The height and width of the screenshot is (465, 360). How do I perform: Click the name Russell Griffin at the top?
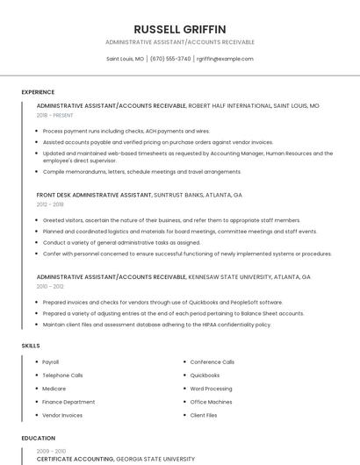point(180,29)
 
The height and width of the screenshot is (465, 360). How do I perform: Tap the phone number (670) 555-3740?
point(170,59)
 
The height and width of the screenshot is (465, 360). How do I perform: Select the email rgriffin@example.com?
point(225,59)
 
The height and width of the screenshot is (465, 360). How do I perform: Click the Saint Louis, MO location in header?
point(126,59)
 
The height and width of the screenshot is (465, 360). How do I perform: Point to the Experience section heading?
point(38,91)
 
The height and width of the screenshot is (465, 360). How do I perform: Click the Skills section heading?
point(31,346)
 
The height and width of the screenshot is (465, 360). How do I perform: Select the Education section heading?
point(38,438)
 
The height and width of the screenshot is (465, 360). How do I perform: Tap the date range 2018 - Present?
point(56,115)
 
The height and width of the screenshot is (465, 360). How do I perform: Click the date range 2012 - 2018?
point(50,204)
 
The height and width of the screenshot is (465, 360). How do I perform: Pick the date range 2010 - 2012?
point(50,286)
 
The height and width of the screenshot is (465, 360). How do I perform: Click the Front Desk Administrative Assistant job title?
point(94,195)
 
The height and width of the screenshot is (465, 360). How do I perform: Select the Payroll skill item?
point(51,361)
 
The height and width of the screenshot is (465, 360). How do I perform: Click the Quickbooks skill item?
point(205,375)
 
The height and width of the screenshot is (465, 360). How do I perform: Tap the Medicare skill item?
point(54,388)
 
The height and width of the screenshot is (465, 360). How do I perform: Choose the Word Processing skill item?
point(211,388)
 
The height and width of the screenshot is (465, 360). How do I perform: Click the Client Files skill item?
point(204,414)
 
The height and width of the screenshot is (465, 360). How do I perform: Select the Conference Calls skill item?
point(212,361)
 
